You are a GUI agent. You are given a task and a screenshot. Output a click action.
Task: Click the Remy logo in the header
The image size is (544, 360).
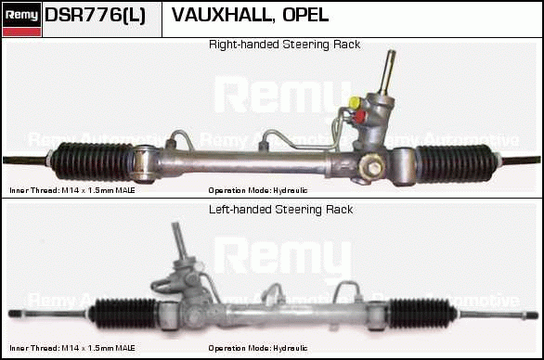click(21, 19)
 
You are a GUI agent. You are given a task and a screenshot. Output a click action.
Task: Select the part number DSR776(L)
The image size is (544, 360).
click(95, 15)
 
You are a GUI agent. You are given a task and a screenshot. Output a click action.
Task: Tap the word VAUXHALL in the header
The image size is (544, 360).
click(221, 15)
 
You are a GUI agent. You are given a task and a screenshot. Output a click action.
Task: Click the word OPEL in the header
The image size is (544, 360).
click(305, 15)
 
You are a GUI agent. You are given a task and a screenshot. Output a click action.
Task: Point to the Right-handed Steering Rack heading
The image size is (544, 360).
click(284, 45)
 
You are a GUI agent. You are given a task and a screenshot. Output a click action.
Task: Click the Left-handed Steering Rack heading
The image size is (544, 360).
click(280, 210)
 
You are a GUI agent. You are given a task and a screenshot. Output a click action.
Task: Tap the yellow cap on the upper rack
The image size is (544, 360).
click(356, 102)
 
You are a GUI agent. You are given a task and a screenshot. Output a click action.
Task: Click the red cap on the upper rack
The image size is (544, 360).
click(359, 117)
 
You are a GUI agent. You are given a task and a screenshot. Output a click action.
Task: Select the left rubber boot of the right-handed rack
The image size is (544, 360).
click(93, 161)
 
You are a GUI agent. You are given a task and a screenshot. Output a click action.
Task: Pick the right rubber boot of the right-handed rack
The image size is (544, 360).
click(454, 163)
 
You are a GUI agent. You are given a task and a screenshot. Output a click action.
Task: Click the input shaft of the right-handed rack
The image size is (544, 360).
click(387, 72)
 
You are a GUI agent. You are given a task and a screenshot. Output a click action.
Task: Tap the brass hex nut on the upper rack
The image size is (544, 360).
click(372, 166)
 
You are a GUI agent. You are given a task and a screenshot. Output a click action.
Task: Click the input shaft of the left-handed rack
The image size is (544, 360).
click(180, 240)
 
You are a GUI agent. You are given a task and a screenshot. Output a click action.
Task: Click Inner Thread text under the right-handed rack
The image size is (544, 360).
click(72, 190)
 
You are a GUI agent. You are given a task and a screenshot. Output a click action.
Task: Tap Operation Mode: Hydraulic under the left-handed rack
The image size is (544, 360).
click(258, 348)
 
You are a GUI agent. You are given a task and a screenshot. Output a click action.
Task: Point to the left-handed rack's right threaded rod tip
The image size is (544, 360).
click(533, 315)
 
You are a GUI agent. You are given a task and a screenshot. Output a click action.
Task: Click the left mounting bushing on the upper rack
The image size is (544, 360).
click(145, 163)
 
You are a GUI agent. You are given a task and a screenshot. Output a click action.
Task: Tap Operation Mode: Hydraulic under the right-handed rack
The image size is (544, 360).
click(258, 190)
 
